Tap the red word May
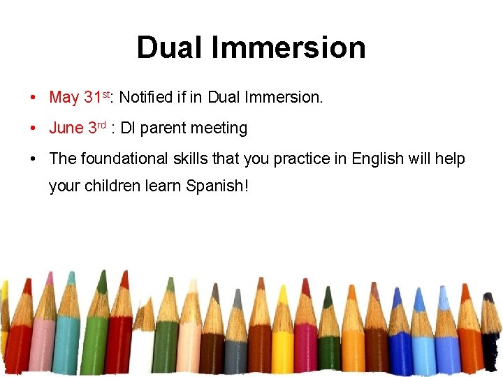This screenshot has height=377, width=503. (x=64, y=98)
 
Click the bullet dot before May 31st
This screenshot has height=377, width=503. (x=34, y=98)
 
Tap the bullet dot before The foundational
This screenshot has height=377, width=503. (x=34, y=159)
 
